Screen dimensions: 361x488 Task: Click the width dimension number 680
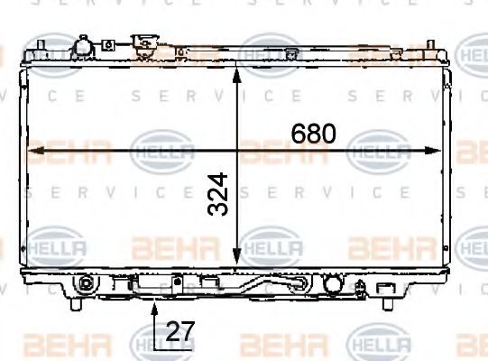point(313,134)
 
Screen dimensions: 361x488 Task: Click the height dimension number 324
point(217,195)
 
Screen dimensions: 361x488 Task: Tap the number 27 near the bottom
point(180,331)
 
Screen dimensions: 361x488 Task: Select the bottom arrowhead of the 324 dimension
point(237,262)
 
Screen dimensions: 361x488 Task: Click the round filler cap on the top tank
point(83,45)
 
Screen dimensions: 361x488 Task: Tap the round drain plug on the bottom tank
point(332,284)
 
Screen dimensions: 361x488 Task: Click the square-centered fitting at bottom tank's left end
point(84,282)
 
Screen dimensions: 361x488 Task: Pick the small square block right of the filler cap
point(108,43)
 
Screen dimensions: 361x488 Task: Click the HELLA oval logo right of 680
point(379,152)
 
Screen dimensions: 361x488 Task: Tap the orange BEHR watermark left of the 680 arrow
point(68,152)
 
